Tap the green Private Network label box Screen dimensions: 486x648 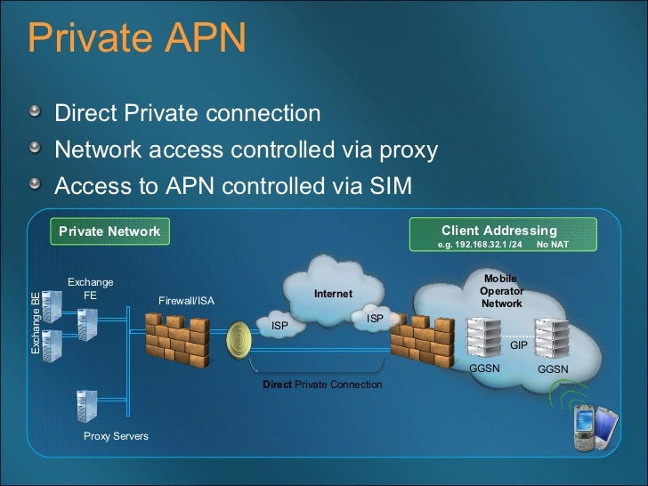tap(109, 231)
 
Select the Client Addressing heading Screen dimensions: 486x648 tap(498, 230)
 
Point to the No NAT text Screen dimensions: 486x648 tap(553, 245)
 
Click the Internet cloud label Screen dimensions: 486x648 tap(333, 293)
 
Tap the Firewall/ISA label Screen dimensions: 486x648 tap(186, 301)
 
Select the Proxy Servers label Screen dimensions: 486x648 tap(116, 436)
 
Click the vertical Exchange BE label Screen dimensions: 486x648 tap(36, 324)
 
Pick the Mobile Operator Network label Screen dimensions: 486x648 tap(502, 291)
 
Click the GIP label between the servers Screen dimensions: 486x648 tap(518, 344)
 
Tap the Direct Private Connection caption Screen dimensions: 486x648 tap(322, 385)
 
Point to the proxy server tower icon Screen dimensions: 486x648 tap(86, 404)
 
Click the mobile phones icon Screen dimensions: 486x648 tap(593, 425)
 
